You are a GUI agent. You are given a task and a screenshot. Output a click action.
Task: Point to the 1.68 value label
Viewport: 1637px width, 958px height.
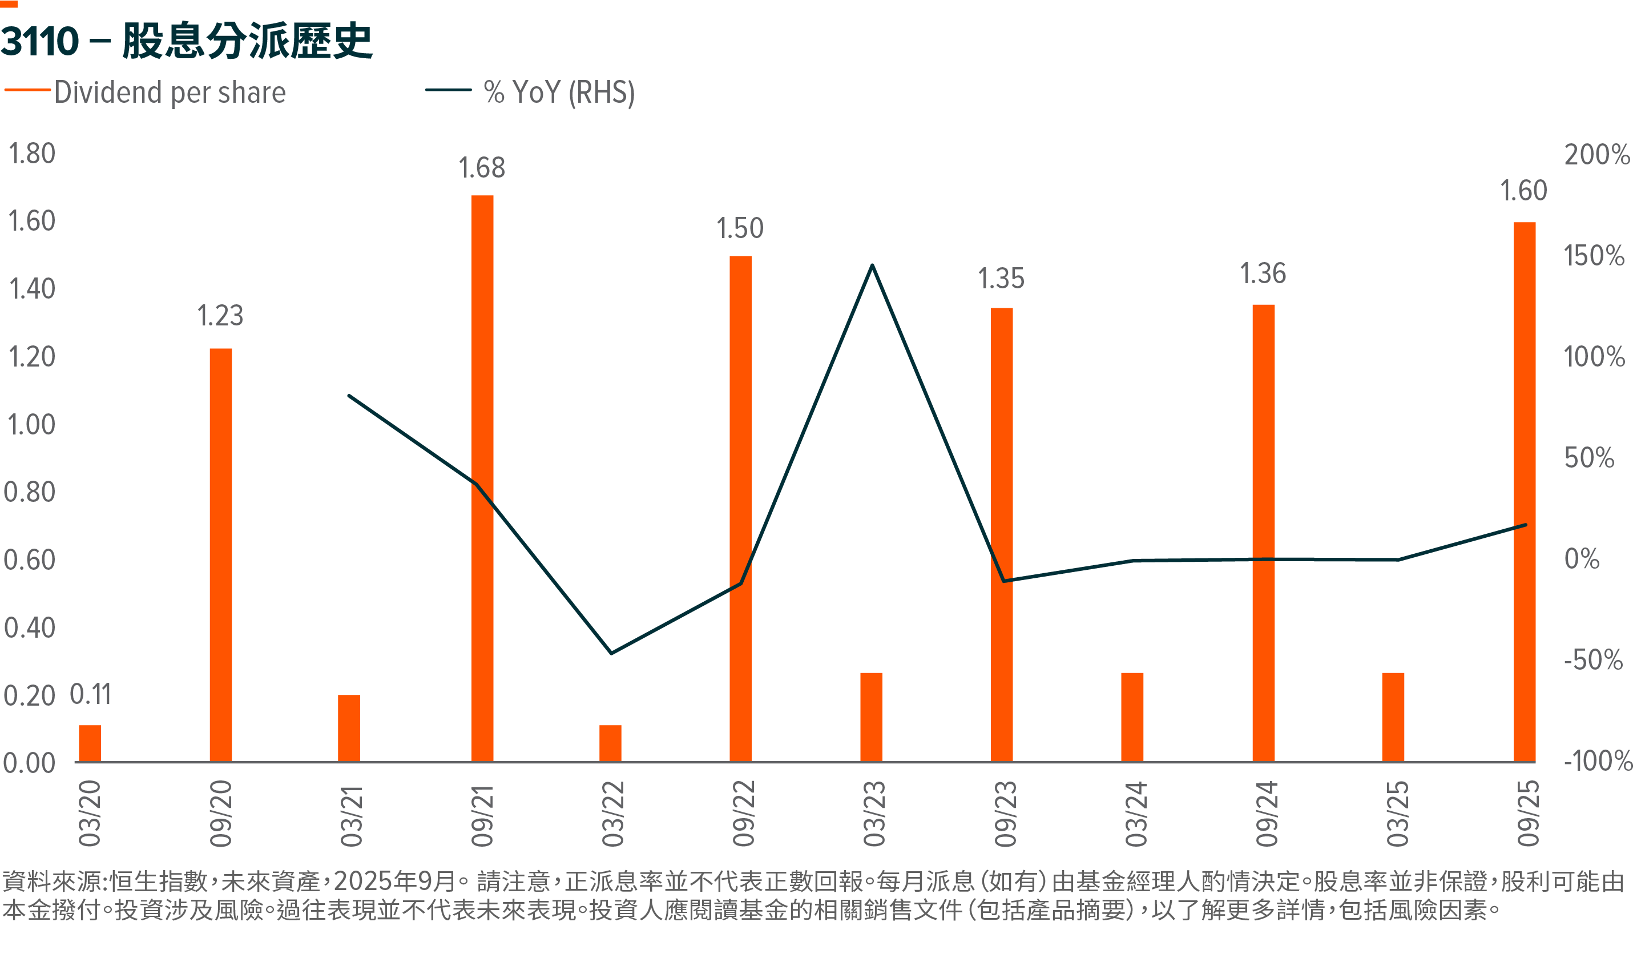click(481, 168)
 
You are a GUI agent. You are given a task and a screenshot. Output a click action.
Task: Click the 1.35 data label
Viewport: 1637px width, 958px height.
click(1001, 279)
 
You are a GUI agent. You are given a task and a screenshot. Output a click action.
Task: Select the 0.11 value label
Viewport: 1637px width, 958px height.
click(90, 695)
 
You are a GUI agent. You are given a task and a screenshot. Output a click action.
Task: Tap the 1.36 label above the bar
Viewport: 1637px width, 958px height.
click(1263, 273)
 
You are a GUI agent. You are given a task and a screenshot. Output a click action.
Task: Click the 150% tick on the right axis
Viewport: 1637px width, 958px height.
click(1594, 256)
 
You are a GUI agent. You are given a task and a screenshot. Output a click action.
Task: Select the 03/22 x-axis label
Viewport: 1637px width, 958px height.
click(612, 814)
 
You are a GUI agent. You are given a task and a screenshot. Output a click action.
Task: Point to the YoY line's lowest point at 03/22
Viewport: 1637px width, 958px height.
click(611, 653)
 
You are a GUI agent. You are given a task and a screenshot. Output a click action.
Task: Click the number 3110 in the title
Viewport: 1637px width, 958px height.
click(41, 41)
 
